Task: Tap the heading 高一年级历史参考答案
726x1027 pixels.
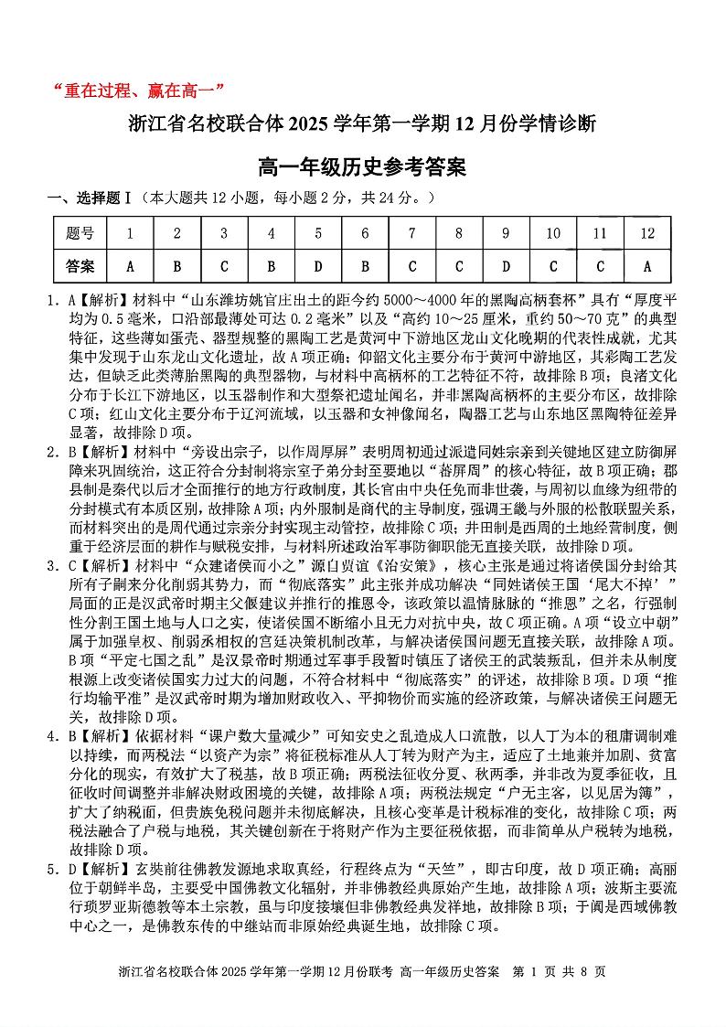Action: coord(363,166)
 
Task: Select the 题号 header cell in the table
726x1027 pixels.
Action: coord(80,233)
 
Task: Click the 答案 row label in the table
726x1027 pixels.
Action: coord(80,266)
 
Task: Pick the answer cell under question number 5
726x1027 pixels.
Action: coord(318,266)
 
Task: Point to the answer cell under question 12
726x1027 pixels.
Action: coord(647,266)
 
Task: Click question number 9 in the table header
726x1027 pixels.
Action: coord(506,233)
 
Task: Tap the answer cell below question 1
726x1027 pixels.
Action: coord(130,266)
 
